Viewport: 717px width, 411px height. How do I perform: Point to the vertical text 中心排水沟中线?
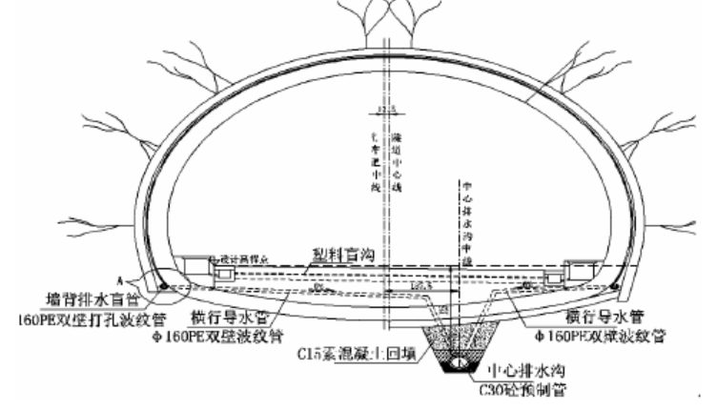pos(466,210)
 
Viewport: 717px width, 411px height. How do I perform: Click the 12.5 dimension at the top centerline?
pos(385,108)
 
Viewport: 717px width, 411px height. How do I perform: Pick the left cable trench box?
pos(199,266)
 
